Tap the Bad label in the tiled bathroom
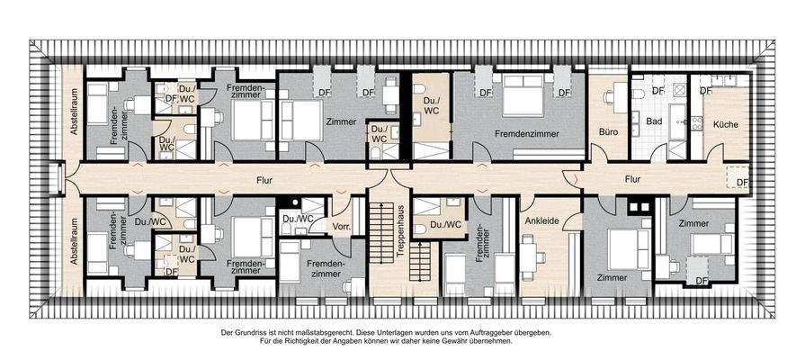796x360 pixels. coord(654,120)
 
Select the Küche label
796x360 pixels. coord(720,123)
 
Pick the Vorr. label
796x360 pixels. coord(341,226)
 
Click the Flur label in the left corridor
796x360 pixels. coord(263,178)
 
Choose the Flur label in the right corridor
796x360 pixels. coord(633,178)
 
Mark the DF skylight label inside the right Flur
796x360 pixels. coord(741,183)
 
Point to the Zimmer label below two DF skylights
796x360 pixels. coord(342,121)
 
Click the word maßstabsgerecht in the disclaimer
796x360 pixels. coord(311,332)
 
